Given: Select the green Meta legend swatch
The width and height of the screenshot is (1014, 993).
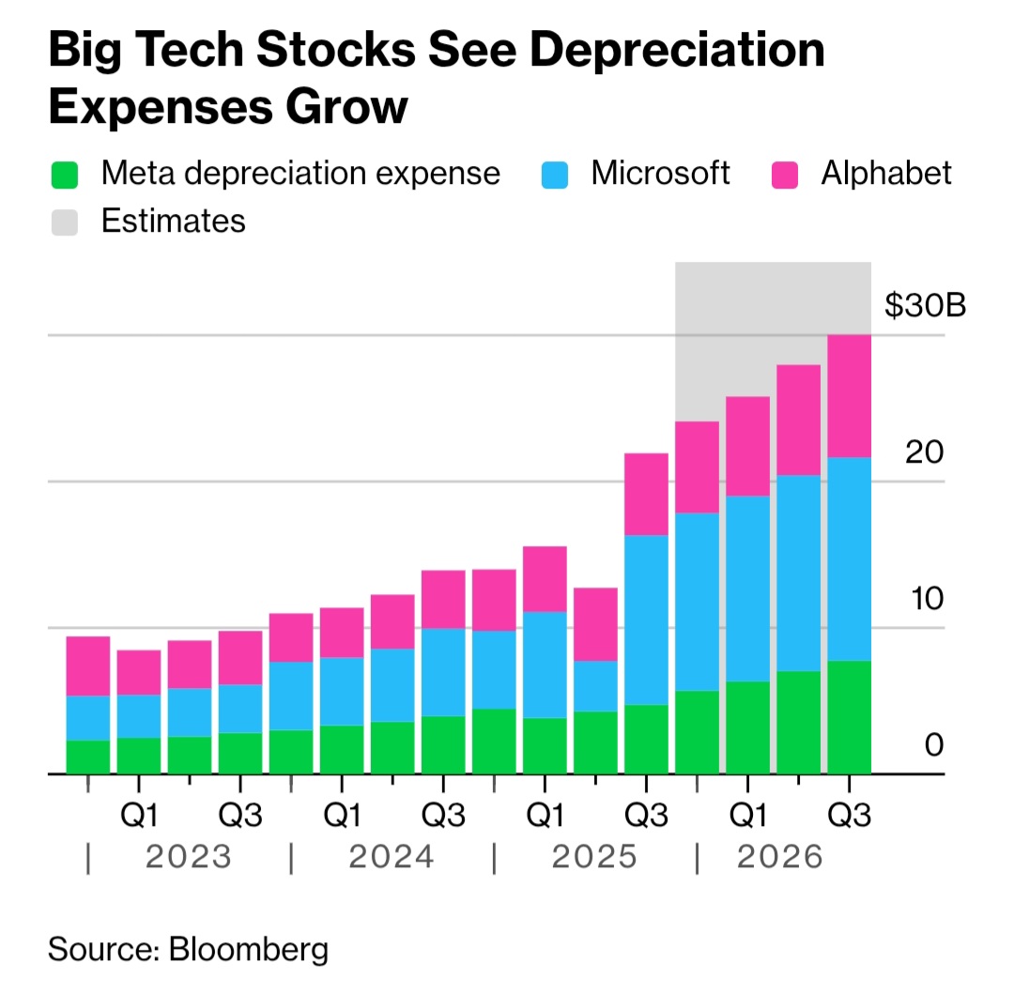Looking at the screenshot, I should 63,175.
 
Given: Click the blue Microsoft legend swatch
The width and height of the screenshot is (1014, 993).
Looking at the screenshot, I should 557,175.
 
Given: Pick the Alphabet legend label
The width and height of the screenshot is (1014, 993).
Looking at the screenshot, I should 886,174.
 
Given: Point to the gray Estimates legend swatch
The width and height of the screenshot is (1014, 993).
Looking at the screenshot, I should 63,222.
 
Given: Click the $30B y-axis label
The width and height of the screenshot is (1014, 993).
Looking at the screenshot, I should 925,305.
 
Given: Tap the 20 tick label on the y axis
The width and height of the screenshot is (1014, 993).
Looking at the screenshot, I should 924,452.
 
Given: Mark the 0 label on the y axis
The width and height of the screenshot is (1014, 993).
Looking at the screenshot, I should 933,746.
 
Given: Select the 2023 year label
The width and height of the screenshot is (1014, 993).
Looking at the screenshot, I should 189,857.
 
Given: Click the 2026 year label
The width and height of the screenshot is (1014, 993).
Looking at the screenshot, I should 779,857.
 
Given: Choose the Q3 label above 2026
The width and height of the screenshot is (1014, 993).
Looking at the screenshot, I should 849,816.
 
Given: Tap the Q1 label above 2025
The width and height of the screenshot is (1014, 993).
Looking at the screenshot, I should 545,816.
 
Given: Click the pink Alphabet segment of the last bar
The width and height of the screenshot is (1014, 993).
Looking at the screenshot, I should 849,396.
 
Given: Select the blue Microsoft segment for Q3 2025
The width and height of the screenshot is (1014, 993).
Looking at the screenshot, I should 646,619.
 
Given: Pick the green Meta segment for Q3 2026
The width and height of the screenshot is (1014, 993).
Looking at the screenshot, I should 849,718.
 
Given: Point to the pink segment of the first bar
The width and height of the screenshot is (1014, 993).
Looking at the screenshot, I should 88,666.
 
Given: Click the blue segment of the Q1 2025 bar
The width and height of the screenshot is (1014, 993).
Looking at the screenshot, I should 545,665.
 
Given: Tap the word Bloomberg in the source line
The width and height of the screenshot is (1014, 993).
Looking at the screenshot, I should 249,949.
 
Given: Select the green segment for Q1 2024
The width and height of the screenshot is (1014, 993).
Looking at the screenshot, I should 342,750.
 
